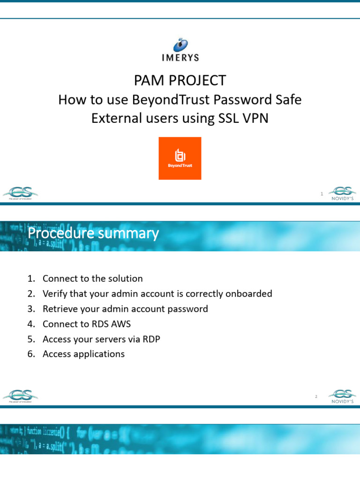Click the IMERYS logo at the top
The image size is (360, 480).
pyautogui.click(x=180, y=50)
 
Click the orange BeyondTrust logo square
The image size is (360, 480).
pyautogui.click(x=180, y=158)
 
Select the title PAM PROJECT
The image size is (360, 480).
pyautogui.click(x=180, y=81)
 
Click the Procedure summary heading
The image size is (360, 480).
pyautogui.click(x=93, y=233)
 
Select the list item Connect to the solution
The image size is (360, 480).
pyautogui.click(x=92, y=278)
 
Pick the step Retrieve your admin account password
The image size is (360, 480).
pyautogui.click(x=125, y=309)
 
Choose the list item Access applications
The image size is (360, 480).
pyautogui.click(x=83, y=354)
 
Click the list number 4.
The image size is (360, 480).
pyautogui.click(x=31, y=324)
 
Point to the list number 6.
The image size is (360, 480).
pyautogui.click(x=31, y=354)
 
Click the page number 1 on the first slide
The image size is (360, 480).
pyautogui.click(x=322, y=194)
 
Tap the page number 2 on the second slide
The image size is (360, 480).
pyautogui.click(x=316, y=397)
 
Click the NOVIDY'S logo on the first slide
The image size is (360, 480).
pyautogui.click(x=342, y=193)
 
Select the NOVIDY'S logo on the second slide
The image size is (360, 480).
pyautogui.click(x=342, y=396)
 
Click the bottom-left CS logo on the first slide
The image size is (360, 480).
pyautogui.click(x=21, y=193)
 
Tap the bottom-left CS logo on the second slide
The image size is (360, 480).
pyautogui.click(x=21, y=396)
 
